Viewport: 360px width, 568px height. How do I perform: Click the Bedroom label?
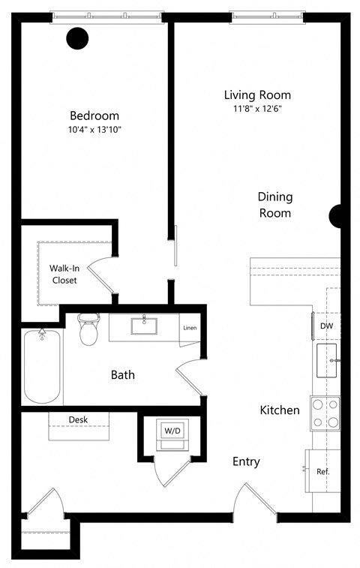(x=94, y=116)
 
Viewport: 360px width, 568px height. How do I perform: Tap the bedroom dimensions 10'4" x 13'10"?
(x=94, y=129)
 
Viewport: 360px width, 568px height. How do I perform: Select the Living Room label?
(x=257, y=95)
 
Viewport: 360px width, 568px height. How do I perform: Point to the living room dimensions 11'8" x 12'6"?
(x=257, y=109)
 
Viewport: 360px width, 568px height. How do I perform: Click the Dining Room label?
(x=274, y=205)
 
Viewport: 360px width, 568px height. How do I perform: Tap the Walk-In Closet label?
(x=65, y=274)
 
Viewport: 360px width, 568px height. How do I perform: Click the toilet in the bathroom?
(x=88, y=329)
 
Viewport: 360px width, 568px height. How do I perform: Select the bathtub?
(x=42, y=367)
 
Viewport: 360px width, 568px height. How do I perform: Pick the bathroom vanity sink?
(x=144, y=326)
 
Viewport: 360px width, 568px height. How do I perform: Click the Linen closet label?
(x=190, y=328)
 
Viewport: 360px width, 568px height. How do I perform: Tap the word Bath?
(x=123, y=374)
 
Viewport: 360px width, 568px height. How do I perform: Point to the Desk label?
(x=79, y=419)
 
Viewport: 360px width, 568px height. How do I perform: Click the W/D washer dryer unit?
(x=172, y=433)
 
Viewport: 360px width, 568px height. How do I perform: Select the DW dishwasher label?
(x=326, y=326)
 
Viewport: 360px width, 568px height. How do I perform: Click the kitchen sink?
(x=327, y=360)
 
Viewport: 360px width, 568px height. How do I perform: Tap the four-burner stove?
(x=325, y=413)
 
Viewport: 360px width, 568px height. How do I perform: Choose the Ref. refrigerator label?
(x=323, y=472)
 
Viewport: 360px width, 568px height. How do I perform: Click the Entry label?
(x=246, y=461)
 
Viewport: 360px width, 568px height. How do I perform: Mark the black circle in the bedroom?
(x=77, y=38)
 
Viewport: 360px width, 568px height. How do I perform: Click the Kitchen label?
(x=280, y=410)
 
